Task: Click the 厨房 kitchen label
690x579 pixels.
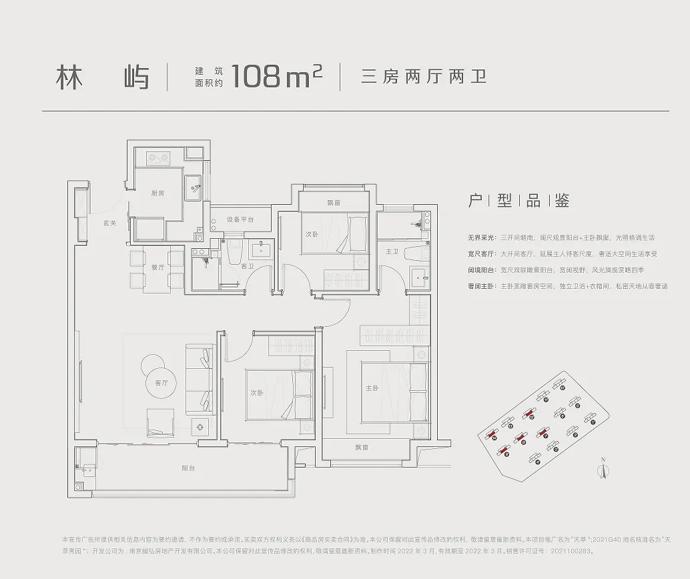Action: tap(157, 193)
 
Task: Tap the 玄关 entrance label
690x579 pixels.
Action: tap(110, 223)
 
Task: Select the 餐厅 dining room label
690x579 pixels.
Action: tap(157, 267)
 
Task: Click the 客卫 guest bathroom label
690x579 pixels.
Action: tap(247, 267)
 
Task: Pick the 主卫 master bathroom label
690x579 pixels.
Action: tap(392, 251)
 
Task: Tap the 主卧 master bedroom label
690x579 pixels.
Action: tap(372, 388)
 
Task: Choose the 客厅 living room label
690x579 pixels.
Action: tap(161, 383)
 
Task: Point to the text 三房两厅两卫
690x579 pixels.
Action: tap(423, 77)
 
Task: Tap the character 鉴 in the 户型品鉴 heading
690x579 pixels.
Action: tap(561, 201)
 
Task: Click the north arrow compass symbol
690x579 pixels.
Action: tap(603, 469)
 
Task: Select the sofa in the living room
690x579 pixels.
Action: tap(199, 380)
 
